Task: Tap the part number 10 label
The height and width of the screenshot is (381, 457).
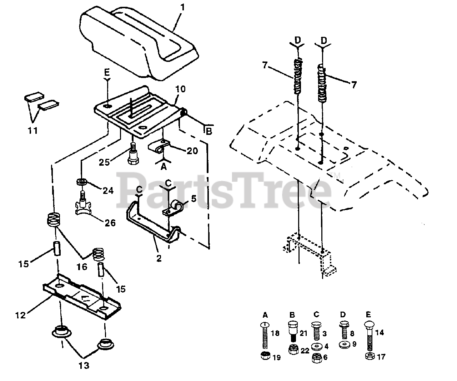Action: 181,89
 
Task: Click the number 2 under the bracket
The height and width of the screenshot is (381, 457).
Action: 159,258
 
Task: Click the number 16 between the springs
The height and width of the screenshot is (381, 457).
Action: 82,267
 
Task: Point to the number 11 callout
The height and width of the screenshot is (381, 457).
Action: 32,131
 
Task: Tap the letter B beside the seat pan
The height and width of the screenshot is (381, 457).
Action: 209,131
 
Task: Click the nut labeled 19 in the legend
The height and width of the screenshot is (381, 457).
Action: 265,356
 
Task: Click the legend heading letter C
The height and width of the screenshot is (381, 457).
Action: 316,315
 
